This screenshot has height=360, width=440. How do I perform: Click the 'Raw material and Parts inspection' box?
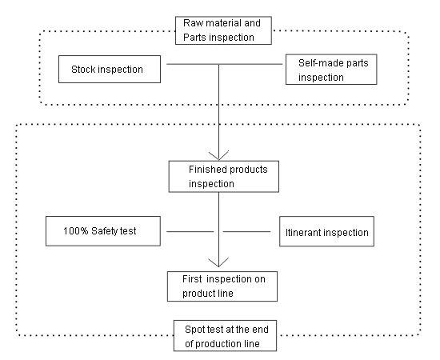coord(223,30)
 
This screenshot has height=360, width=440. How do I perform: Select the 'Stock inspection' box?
coord(110,69)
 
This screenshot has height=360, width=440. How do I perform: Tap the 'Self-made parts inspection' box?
coord(331,70)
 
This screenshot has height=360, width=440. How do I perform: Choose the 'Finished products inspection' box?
coord(224,177)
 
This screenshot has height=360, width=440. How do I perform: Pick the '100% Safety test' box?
coord(103,231)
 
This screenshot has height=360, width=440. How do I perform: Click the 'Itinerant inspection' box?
coord(326,231)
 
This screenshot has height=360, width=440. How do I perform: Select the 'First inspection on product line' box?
coord(222,286)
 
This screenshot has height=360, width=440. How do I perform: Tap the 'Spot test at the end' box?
coord(225,335)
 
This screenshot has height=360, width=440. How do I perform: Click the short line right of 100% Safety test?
coord(190,232)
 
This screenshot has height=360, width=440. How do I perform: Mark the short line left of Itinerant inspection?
coord(247,232)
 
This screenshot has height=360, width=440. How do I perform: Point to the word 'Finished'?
coord(208,170)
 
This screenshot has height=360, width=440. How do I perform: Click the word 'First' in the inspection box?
coord(192,279)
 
